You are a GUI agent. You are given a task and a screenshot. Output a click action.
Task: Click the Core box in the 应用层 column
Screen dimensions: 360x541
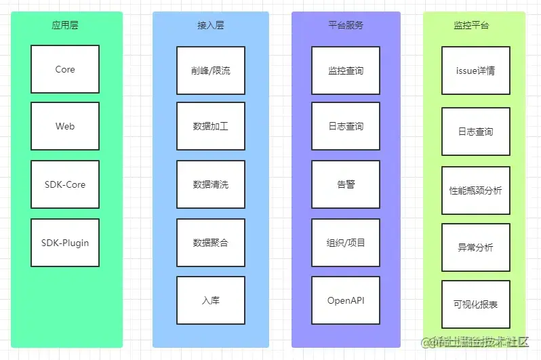coord(65,69)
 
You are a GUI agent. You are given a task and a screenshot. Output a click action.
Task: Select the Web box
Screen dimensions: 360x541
coord(65,126)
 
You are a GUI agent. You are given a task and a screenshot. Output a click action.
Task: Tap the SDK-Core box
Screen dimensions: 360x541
coord(65,184)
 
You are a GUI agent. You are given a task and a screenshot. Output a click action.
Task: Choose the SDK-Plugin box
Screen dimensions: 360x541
coord(65,242)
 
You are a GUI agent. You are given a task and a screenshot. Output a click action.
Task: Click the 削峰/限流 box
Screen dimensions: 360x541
coord(211,71)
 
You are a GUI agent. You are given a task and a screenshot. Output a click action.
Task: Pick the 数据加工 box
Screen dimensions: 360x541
coord(211,126)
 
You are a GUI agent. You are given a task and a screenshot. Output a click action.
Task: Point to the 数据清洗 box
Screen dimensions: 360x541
coord(211,184)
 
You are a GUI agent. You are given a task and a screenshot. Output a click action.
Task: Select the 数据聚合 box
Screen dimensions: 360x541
coord(211,242)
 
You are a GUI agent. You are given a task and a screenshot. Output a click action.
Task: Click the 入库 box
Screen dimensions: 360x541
coord(211,300)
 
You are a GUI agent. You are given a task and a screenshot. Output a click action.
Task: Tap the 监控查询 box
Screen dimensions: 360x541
coord(346,71)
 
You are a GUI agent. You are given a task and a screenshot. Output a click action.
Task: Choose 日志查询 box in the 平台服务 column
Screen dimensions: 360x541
coord(346,126)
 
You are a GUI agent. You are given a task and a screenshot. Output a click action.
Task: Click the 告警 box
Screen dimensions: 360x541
coord(346,184)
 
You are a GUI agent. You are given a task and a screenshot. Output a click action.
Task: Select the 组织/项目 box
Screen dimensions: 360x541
coord(346,242)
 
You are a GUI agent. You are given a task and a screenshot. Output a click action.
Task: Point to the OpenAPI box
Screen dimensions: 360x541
coord(346,300)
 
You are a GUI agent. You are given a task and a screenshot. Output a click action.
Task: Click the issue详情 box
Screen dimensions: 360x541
coord(475,71)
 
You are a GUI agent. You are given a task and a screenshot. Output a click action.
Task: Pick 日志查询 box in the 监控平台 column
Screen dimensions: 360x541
coord(475,132)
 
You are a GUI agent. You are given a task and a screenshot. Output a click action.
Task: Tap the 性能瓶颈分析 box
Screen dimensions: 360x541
coord(475,191)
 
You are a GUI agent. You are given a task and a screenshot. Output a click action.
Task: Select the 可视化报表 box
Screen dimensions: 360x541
coord(475,304)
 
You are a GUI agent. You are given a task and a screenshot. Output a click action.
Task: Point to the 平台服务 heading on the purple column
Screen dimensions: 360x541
coord(346,25)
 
